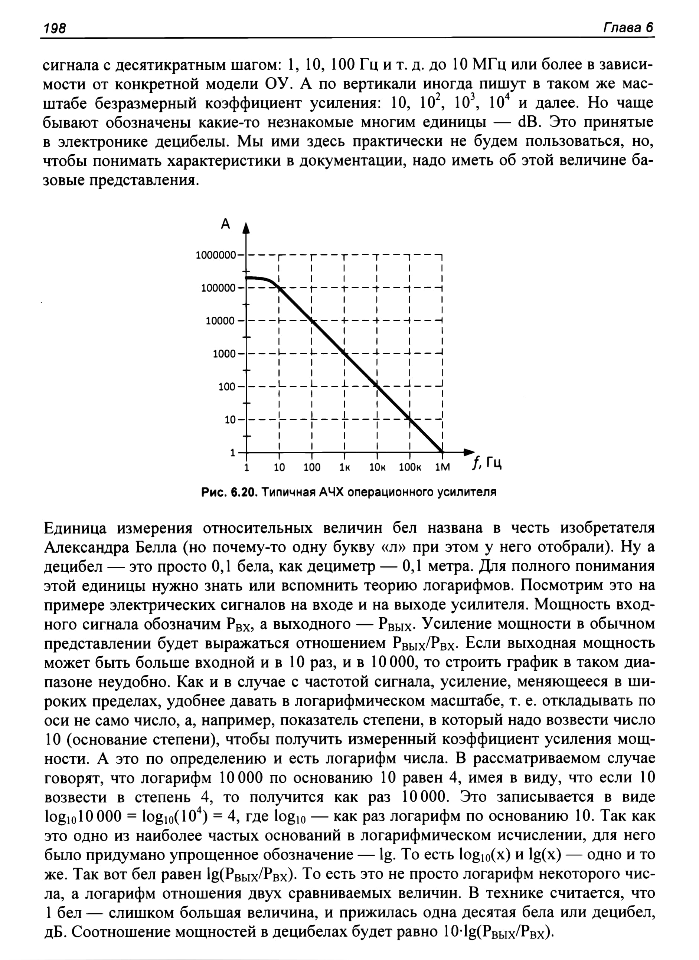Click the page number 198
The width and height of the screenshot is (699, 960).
click(55, 28)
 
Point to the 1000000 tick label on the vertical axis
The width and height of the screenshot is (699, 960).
click(216, 255)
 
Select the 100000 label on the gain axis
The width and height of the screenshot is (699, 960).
click(218, 288)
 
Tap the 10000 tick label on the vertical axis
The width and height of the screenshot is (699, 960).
click(220, 321)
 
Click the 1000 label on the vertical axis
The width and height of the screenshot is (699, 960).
click(224, 354)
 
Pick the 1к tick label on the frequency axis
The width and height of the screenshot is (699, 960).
click(344, 468)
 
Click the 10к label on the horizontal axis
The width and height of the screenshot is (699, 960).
click(377, 468)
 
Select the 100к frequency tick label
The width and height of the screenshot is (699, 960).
click(410, 468)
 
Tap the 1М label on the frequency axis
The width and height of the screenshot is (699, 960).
click(443, 468)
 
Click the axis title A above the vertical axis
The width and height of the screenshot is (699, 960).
click(225, 223)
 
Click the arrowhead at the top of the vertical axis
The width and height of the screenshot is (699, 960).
click(246, 229)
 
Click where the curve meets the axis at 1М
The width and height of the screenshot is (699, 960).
click(442, 452)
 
